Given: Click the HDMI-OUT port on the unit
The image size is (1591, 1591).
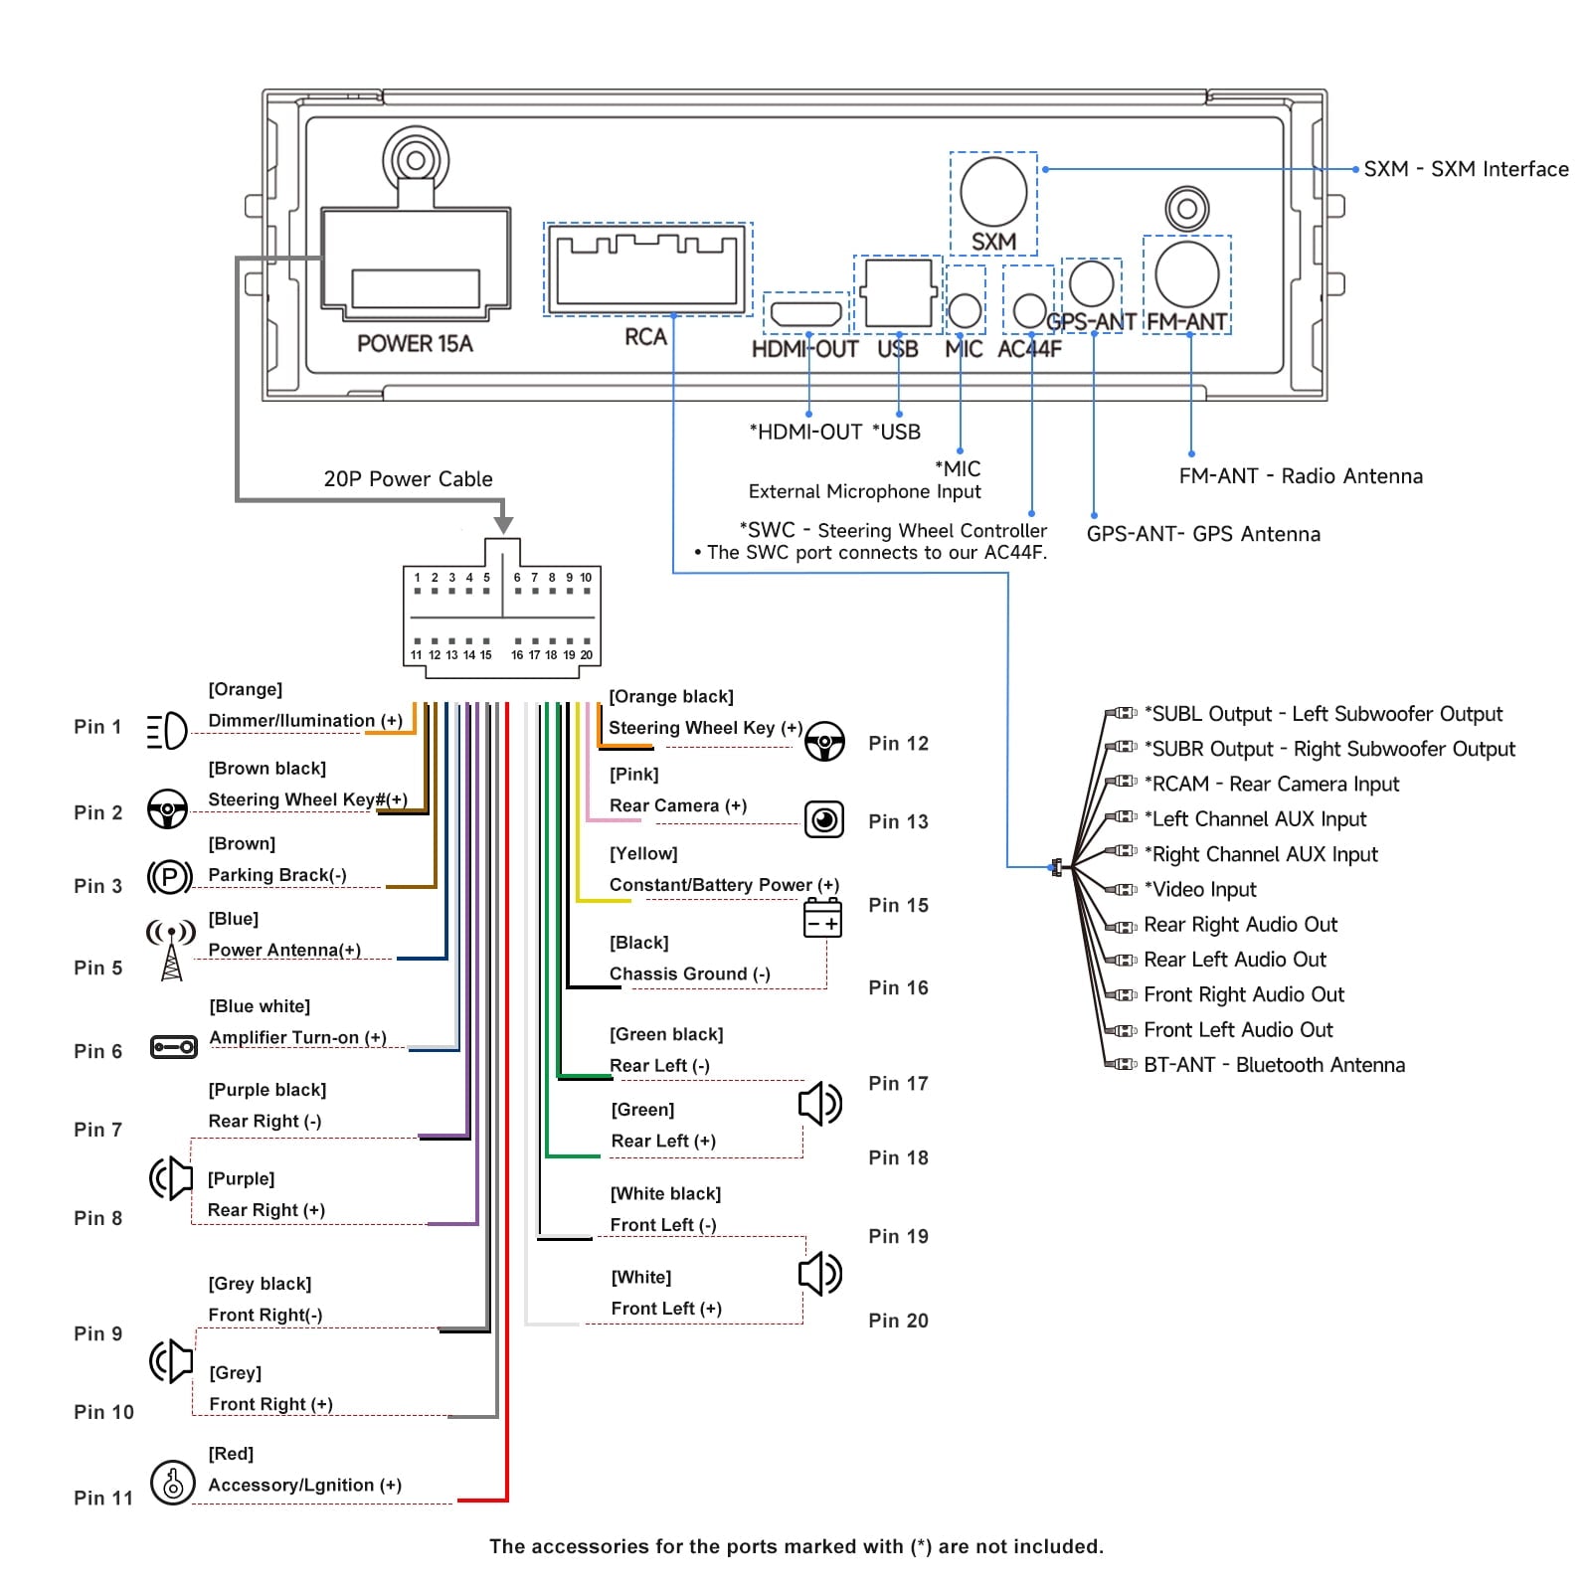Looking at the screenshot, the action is (806, 313).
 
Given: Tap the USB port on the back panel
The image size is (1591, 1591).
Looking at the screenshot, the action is (898, 292).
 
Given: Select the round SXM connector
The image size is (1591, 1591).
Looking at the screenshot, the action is (993, 191).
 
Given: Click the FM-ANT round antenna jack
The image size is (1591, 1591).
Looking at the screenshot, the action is (1186, 274).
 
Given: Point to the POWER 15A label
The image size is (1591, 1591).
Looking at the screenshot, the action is (415, 344).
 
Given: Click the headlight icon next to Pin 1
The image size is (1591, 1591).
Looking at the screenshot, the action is (166, 731).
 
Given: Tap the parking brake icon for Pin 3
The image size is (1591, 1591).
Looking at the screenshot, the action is (169, 877).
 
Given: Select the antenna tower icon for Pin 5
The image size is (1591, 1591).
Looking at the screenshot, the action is (171, 951).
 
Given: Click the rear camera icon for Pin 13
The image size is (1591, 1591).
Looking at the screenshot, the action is (823, 819).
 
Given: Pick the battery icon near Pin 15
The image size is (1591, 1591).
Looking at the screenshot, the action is (822, 917).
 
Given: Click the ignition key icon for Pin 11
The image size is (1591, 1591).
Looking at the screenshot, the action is (172, 1482).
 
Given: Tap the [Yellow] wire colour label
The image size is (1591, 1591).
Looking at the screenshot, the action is (643, 853).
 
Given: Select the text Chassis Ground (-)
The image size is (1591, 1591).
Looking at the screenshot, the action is (690, 973).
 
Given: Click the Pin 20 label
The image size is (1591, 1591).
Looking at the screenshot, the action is (898, 1321).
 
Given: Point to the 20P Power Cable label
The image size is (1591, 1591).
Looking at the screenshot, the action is (408, 479).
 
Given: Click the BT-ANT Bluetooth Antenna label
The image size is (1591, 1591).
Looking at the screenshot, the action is (1275, 1065).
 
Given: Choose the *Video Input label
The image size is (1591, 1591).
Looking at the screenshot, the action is (1200, 889).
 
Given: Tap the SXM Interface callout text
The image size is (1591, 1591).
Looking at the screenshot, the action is (1466, 169).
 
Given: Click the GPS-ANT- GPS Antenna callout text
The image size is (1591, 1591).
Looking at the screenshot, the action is (1203, 534).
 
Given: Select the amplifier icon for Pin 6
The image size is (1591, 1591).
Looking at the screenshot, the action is (173, 1047).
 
